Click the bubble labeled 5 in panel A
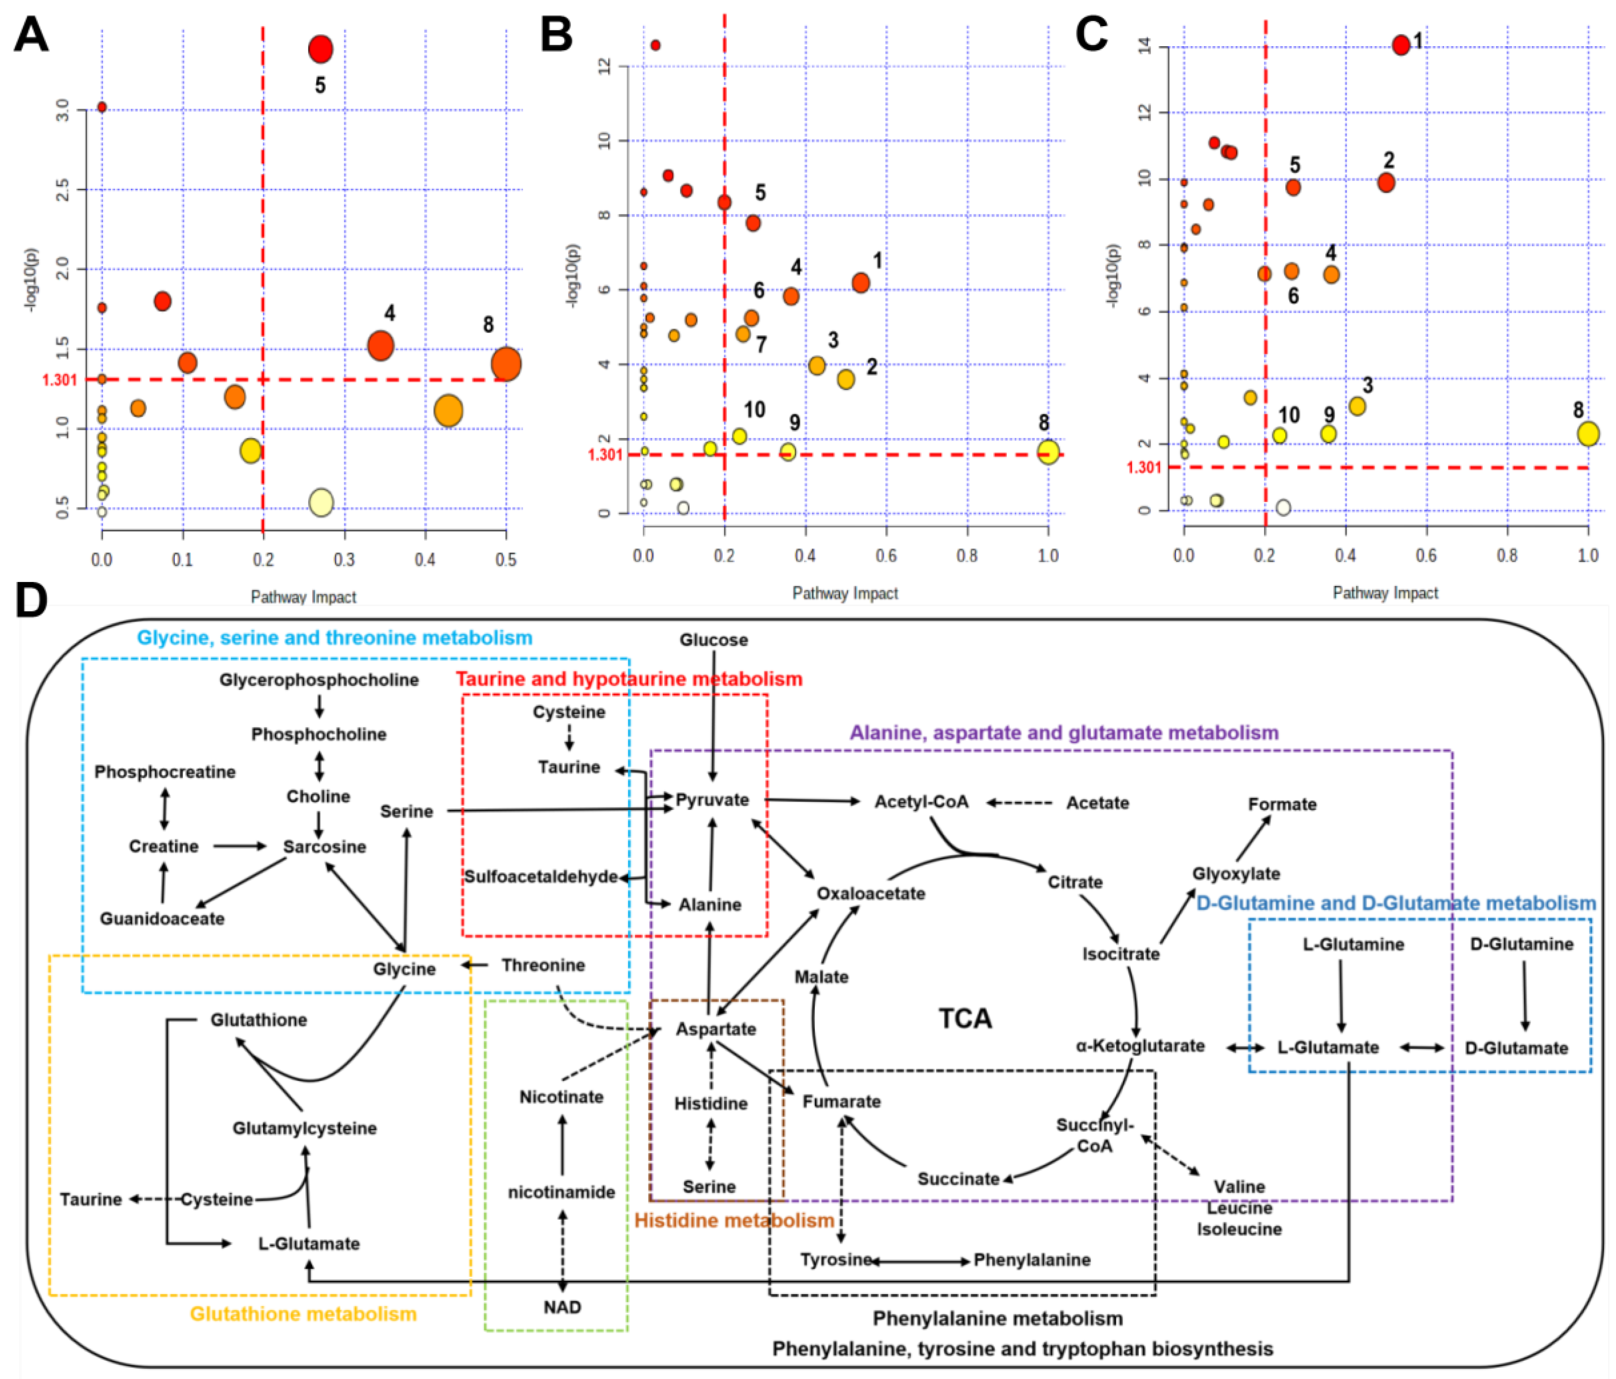pos(320,49)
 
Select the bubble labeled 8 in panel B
pos(1048,452)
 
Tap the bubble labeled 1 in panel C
pos(1401,44)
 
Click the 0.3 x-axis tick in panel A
pos(344,559)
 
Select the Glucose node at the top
pos(713,640)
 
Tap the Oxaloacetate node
pos(871,893)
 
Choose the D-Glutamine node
pos(1521,944)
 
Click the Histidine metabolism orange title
pos(734,1220)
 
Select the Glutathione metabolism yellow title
pos(303,1314)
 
